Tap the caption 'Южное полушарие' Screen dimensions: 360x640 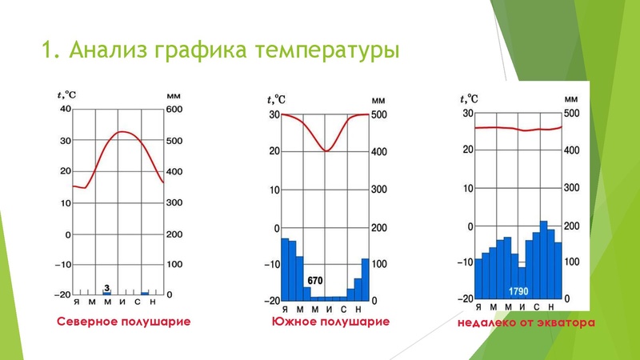[330, 322]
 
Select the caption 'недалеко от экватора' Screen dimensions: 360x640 [527, 325]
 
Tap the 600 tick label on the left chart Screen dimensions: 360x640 [174, 110]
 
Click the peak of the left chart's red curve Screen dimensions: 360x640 [121, 132]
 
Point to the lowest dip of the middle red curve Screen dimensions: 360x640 [325, 150]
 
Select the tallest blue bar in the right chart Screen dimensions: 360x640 [543, 260]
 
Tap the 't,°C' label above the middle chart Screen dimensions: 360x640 [276, 99]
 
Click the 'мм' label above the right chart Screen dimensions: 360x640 [570, 98]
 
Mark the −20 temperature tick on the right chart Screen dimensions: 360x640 [464, 298]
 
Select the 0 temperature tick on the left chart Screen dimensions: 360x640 [68, 234]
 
